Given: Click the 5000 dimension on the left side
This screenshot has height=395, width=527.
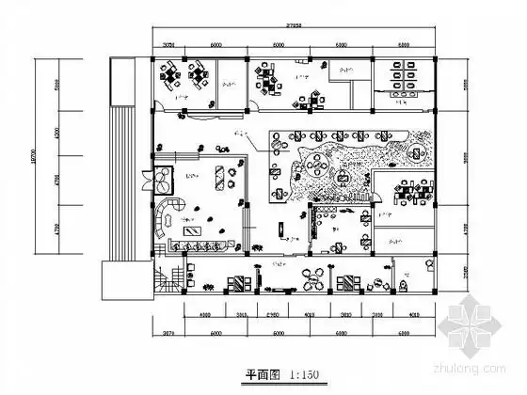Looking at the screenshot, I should point(56,84).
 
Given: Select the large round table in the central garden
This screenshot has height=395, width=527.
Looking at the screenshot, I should point(315,169).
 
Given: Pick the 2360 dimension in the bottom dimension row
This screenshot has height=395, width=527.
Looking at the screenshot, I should point(272,315).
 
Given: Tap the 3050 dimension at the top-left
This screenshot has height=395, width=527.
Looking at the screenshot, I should point(169,45).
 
